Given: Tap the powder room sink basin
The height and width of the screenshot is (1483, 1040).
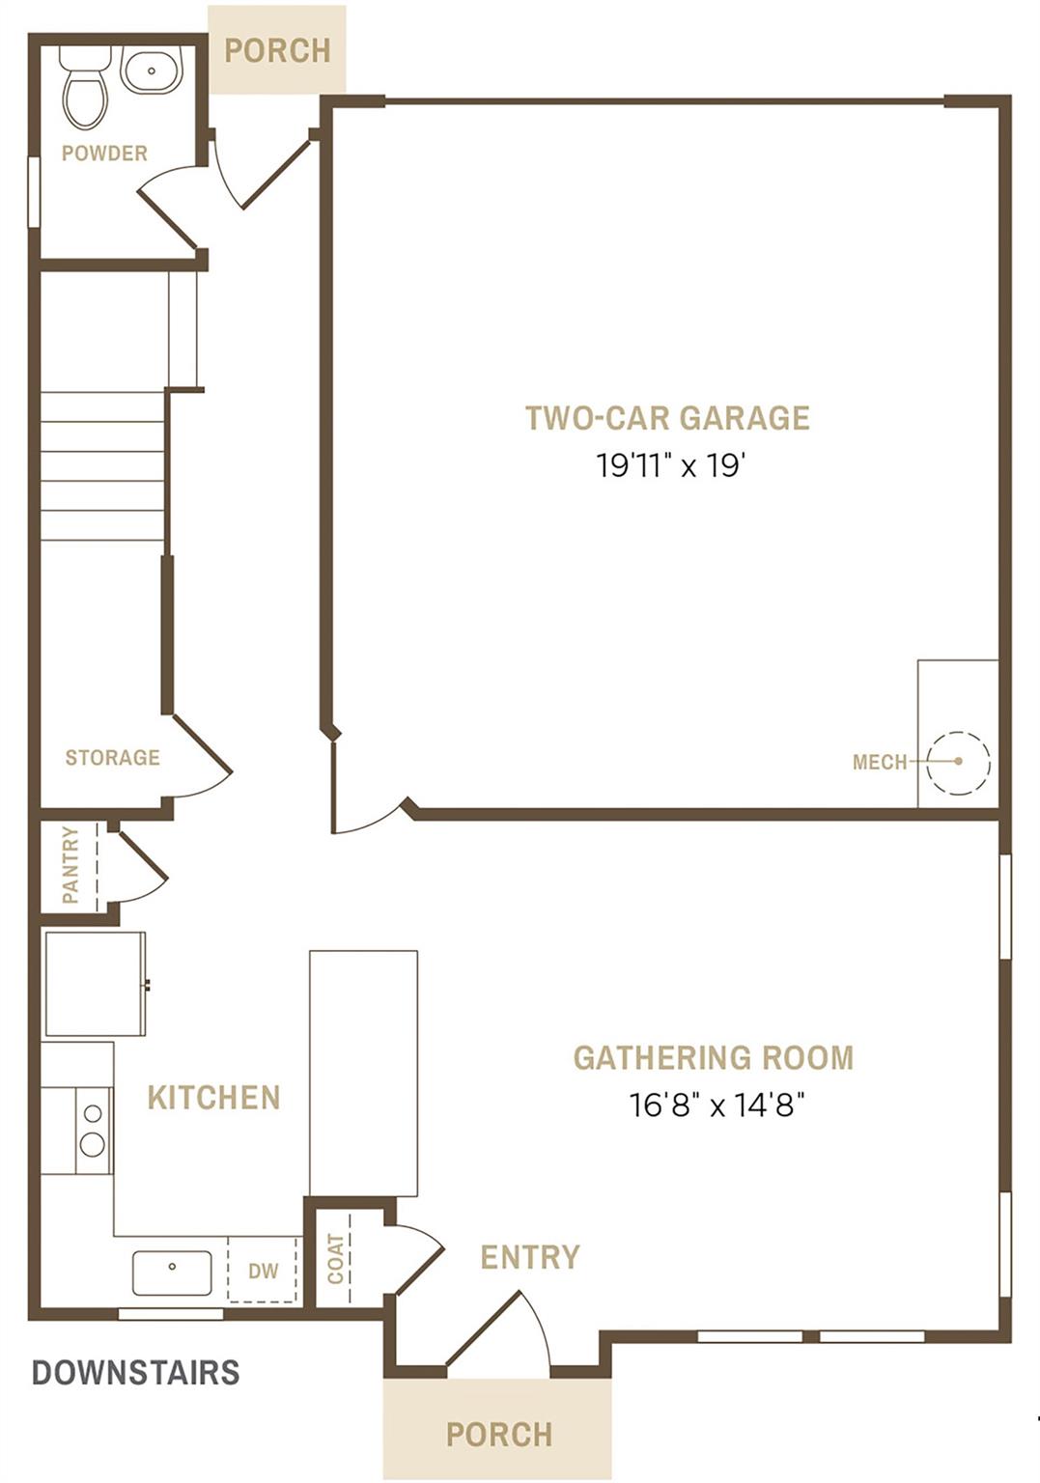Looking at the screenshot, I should click(152, 71).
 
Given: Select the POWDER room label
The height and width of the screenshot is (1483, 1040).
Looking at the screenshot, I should click(104, 154).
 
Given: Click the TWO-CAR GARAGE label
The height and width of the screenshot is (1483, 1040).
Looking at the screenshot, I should click(667, 418).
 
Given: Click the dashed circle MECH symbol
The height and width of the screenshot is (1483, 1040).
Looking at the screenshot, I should click(958, 762).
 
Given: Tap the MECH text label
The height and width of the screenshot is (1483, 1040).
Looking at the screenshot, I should click(880, 763).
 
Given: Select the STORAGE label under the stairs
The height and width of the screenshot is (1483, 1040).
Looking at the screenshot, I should click(112, 758).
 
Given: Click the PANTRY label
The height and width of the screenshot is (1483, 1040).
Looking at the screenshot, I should click(70, 865).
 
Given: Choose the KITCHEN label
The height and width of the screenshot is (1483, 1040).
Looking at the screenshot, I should click(213, 1098).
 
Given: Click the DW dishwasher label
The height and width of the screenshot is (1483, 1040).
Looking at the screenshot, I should click(263, 1272).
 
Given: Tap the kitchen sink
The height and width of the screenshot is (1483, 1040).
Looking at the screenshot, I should click(172, 1273).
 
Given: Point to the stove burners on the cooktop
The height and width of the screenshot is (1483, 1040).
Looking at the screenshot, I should click(93, 1131).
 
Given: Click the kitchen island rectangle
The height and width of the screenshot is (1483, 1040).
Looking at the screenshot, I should click(363, 1073).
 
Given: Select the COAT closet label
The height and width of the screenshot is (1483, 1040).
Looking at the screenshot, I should click(335, 1259).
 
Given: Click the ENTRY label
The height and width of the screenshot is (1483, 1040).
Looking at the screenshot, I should click(530, 1257).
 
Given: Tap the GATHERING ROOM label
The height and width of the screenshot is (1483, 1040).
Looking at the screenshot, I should click(714, 1058).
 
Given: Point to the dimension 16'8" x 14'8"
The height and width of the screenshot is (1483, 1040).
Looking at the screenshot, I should click(717, 1105).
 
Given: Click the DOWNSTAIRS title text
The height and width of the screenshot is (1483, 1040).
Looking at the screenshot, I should click(135, 1372).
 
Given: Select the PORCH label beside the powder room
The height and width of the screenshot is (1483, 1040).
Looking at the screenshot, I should click(277, 50).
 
